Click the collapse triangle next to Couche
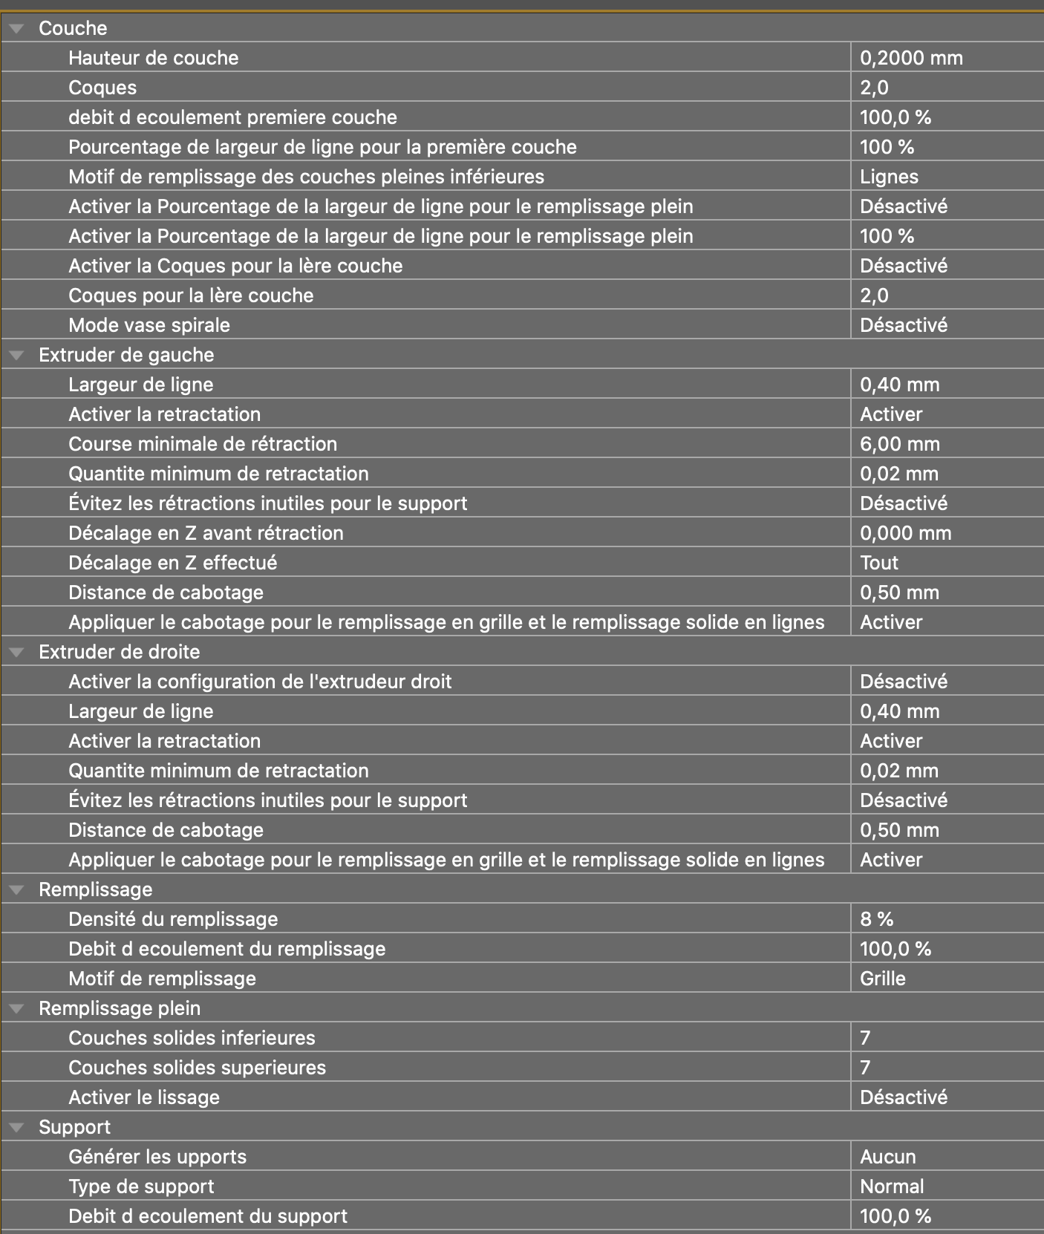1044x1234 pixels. pos(16,28)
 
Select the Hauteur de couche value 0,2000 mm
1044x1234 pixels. pos(911,58)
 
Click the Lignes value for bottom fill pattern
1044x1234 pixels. pos(889,177)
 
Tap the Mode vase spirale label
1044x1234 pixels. pos(149,325)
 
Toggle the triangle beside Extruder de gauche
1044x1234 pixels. pos(16,355)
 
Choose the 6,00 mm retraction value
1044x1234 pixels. pos(899,444)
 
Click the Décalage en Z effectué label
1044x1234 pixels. pos(172,563)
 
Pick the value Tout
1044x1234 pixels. pos(879,563)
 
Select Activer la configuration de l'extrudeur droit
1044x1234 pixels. pos(260,682)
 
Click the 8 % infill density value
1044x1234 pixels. pos(876,919)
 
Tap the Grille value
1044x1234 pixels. pos(882,979)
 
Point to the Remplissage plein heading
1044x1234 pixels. pos(120,1008)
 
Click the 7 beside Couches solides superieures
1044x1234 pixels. pos(865,1068)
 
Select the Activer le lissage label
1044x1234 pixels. pos(144,1097)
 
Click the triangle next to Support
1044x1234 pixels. pos(16,1127)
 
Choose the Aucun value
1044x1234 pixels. pos(887,1157)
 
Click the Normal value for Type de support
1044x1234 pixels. pos(892,1186)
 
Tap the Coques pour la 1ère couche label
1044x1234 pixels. pos(191,296)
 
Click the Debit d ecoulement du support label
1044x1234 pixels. pos(208,1216)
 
